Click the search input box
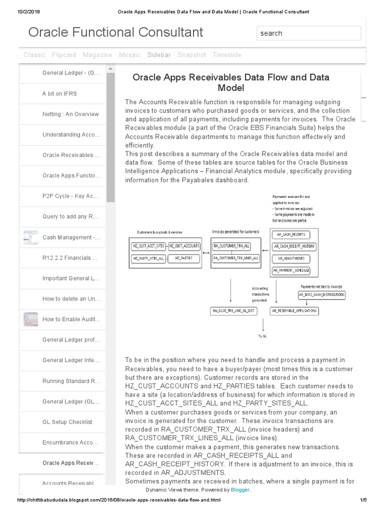308,33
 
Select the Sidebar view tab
159,55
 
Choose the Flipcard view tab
64,55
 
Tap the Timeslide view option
226,55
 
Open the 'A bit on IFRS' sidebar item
59,93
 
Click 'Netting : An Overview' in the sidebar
70,114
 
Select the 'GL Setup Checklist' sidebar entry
67,422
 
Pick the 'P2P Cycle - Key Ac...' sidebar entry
70,196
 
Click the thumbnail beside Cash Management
30,237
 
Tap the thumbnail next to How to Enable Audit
30,319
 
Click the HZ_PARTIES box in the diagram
184,258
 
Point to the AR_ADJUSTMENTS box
290,258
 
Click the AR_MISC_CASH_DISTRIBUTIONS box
321,295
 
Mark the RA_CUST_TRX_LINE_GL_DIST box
234,311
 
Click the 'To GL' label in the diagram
262,336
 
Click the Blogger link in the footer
240,490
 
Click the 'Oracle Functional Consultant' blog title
115,32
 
